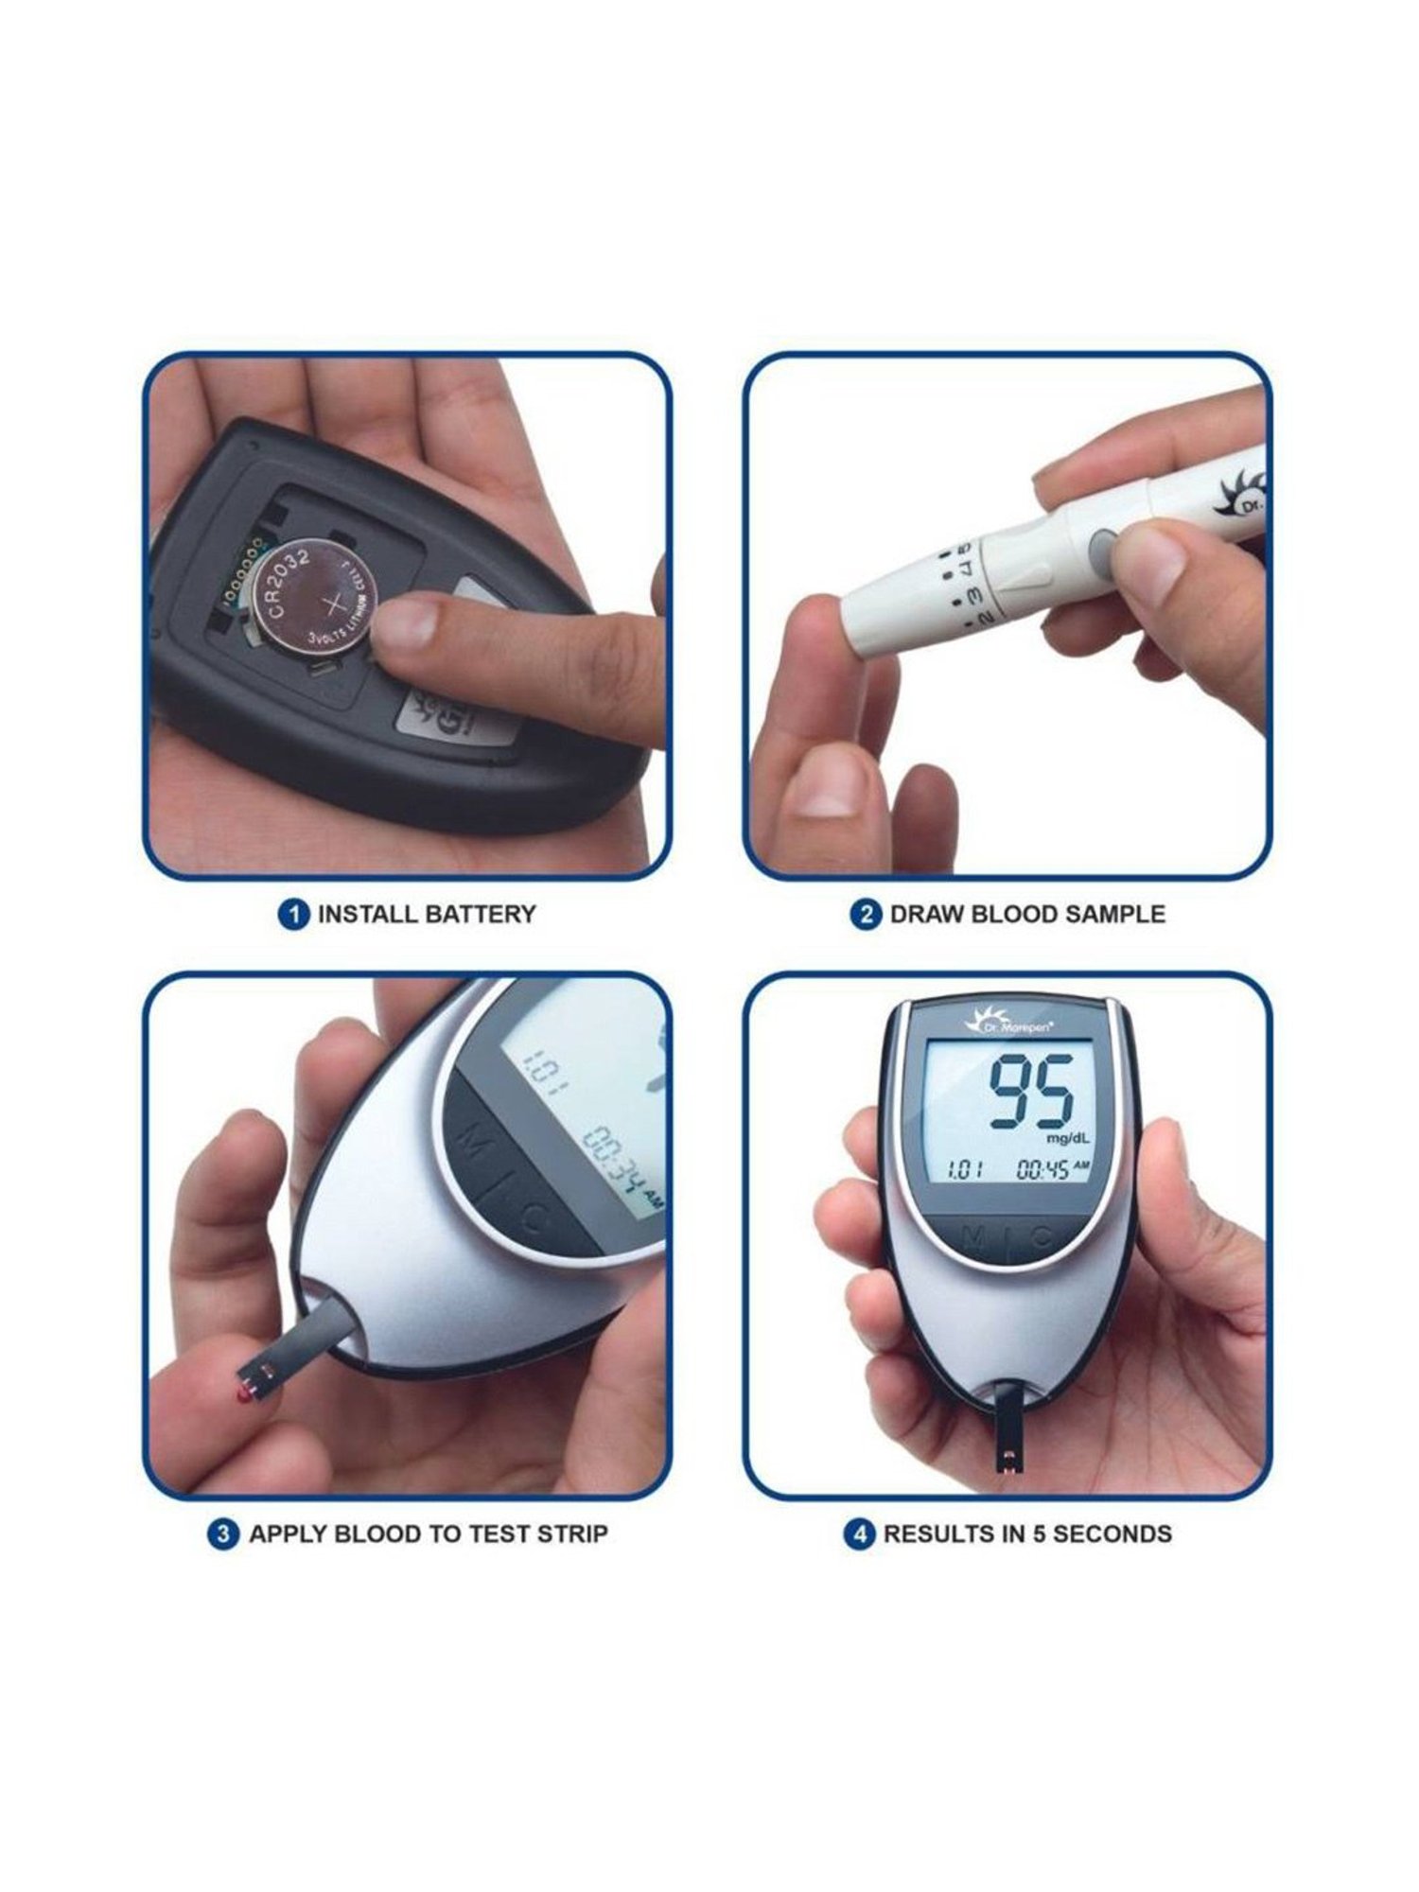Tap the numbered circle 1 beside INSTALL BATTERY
(294, 915)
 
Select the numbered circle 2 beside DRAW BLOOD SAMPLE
(866, 915)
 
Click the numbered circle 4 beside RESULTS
(859, 1533)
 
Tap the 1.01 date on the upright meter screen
(965, 1171)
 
